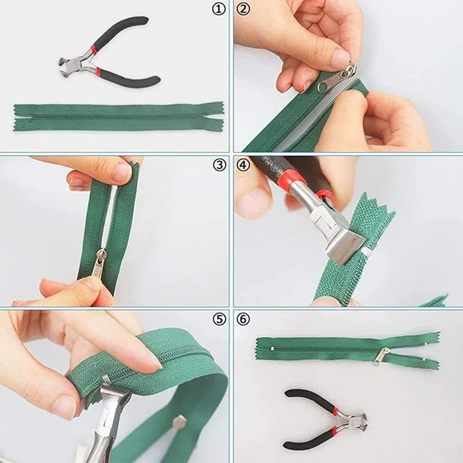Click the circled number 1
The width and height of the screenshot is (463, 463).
[219, 10]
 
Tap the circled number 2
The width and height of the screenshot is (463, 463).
[243, 9]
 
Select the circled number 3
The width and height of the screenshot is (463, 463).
[219, 166]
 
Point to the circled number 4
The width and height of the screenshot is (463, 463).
[243, 165]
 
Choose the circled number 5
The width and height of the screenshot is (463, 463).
[219, 319]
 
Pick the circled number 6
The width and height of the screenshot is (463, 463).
[243, 319]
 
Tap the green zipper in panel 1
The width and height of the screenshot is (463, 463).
[118, 117]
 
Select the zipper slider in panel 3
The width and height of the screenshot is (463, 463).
[100, 263]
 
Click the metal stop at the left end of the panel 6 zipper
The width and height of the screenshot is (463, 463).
[271, 349]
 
